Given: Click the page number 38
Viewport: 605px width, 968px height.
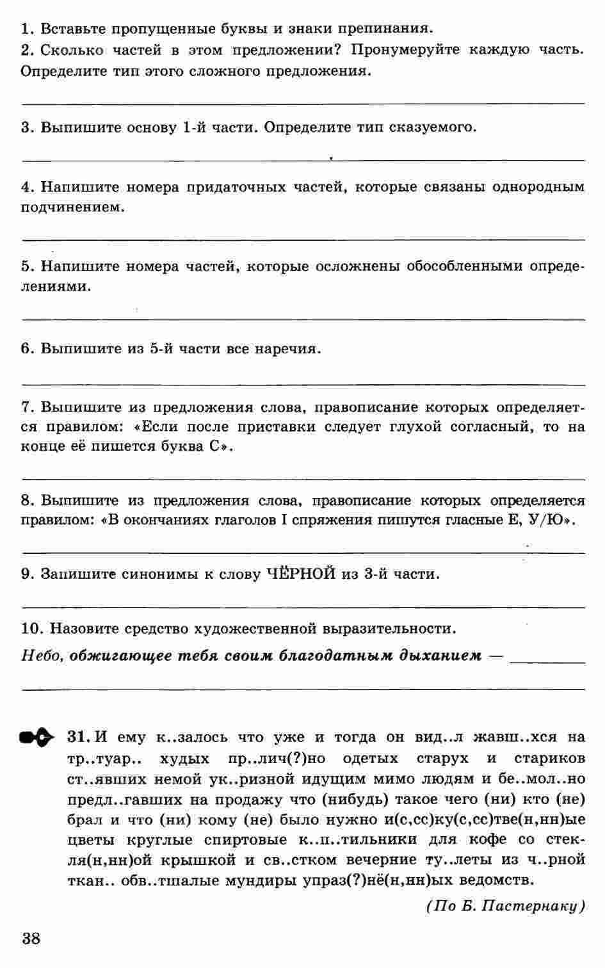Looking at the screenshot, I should pyautogui.click(x=31, y=939).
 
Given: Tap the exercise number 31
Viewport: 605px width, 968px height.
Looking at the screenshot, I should pyautogui.click(x=77, y=737).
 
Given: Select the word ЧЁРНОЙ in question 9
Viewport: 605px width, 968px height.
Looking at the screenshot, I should pyautogui.click(x=301, y=574).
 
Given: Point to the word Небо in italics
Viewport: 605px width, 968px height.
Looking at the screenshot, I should pyautogui.click(x=41, y=656).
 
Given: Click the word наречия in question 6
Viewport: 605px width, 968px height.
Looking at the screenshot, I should pyautogui.click(x=287, y=349).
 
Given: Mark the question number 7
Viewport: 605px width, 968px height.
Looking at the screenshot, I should pyautogui.click(x=26, y=407).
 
